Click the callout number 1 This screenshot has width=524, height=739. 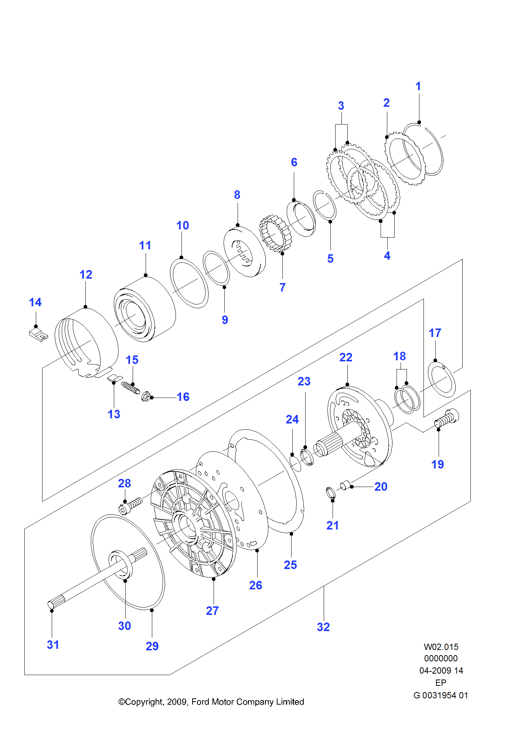[418, 86]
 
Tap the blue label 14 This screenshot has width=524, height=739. [35, 302]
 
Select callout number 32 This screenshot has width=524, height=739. [323, 627]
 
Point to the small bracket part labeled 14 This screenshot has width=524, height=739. [38, 335]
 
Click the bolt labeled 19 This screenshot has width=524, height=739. [447, 418]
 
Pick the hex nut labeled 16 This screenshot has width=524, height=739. [146, 396]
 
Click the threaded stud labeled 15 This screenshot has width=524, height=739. [130, 388]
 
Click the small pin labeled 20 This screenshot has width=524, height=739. [345, 484]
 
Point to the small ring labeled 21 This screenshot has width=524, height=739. [331, 493]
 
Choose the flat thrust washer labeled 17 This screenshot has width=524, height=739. [441, 379]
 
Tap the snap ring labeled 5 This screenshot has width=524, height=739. [324, 205]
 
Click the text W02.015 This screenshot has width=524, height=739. [441, 647]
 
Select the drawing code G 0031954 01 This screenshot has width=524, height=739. [440, 695]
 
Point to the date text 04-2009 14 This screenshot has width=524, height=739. [441, 671]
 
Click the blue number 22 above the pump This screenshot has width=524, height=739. [346, 357]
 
